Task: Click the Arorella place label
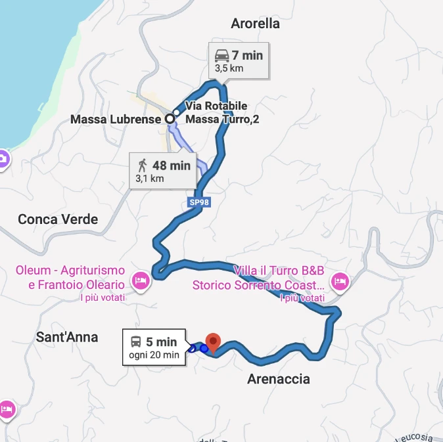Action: click(255, 24)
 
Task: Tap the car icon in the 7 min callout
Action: click(221, 55)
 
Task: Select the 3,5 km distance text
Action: click(229, 68)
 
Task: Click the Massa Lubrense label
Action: click(116, 119)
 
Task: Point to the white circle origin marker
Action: click(170, 119)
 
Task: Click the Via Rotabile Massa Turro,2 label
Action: click(216, 112)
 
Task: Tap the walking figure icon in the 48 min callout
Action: click(142, 166)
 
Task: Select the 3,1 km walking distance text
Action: click(149, 178)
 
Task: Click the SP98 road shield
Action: click(199, 202)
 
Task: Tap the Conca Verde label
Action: click(58, 219)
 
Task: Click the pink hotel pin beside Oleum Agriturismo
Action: click(141, 281)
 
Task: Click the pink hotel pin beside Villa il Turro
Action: click(340, 281)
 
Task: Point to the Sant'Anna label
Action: click(67, 338)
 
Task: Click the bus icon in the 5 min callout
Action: click(135, 342)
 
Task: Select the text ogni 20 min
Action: click(154, 355)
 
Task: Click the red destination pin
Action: click(212, 342)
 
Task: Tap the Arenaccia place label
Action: click(278, 379)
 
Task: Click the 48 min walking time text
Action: click(171, 166)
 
